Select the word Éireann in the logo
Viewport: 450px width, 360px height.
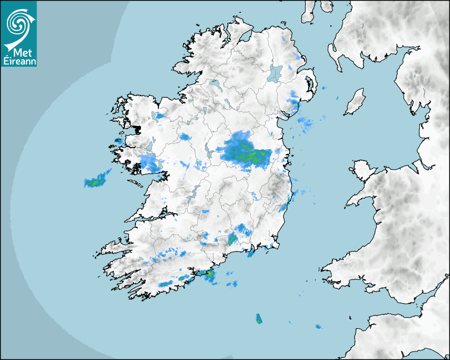(x=19, y=60)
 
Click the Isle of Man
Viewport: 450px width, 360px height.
(x=355, y=102)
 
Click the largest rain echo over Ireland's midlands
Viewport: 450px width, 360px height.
(x=245, y=151)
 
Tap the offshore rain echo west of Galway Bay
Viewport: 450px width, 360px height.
(x=97, y=180)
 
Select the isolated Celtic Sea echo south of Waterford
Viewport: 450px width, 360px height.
(x=259, y=319)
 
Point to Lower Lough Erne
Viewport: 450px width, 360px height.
(x=214, y=84)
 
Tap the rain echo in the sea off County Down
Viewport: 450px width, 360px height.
(x=305, y=123)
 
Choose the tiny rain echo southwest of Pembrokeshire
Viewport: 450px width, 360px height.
(x=318, y=326)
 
